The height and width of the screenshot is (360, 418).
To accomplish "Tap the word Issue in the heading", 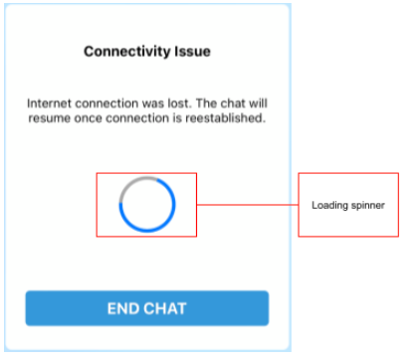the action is [189, 51].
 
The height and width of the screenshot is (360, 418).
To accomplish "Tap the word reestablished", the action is [225, 119].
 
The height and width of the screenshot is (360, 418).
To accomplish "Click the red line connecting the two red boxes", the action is [249, 205].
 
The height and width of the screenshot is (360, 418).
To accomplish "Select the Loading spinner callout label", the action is [347, 205].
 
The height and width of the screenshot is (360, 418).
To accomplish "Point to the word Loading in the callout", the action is [329, 205].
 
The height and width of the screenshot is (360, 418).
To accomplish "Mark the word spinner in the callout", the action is [366, 205].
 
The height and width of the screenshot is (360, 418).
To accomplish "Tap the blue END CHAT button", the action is [147, 308].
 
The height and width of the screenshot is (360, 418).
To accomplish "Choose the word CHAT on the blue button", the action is [165, 308].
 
